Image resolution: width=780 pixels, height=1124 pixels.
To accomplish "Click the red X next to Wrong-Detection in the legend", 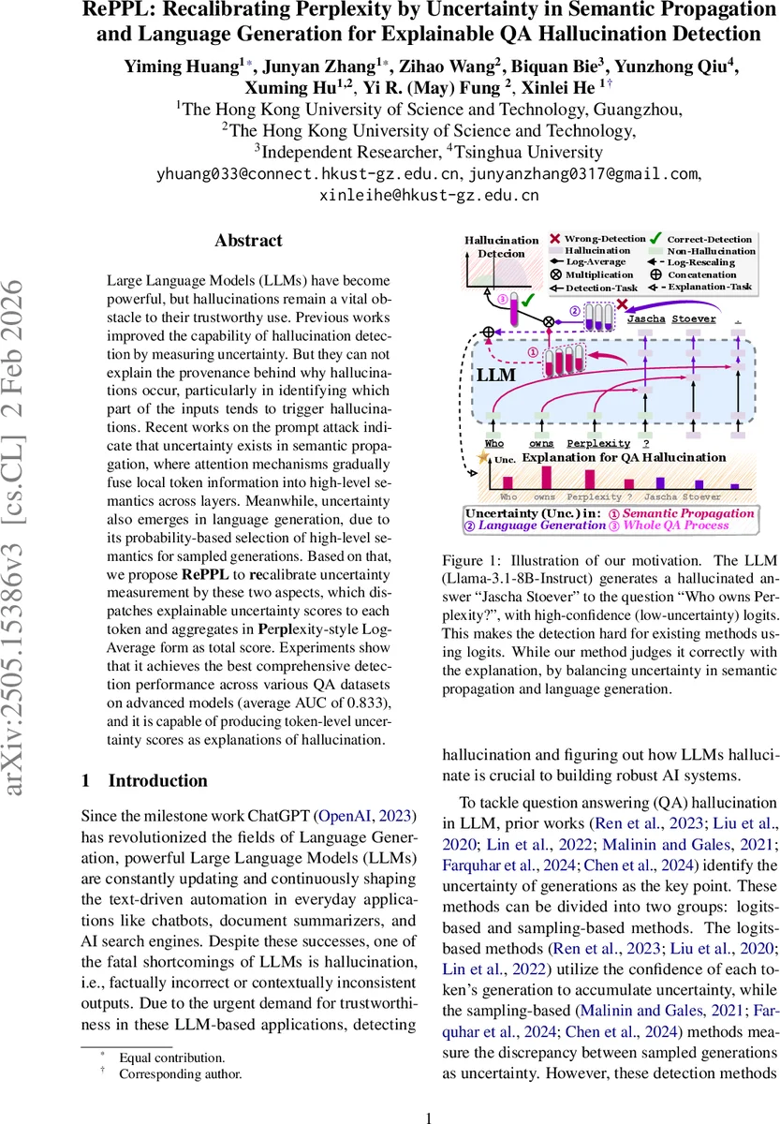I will click(554, 240).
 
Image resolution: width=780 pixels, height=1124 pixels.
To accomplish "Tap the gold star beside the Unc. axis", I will click(484, 458).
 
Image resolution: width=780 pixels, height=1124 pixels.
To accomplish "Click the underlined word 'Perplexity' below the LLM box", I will click(598, 442).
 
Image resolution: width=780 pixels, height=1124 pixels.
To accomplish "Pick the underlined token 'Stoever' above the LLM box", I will click(694, 318).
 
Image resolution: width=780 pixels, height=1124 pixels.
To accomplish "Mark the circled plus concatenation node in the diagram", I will click(487, 332).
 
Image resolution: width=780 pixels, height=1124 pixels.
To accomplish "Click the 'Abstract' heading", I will click(248, 241).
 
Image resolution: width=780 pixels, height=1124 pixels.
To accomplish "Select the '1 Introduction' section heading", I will click(144, 754).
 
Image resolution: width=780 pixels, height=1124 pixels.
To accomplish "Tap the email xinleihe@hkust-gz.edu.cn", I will click(430, 196).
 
